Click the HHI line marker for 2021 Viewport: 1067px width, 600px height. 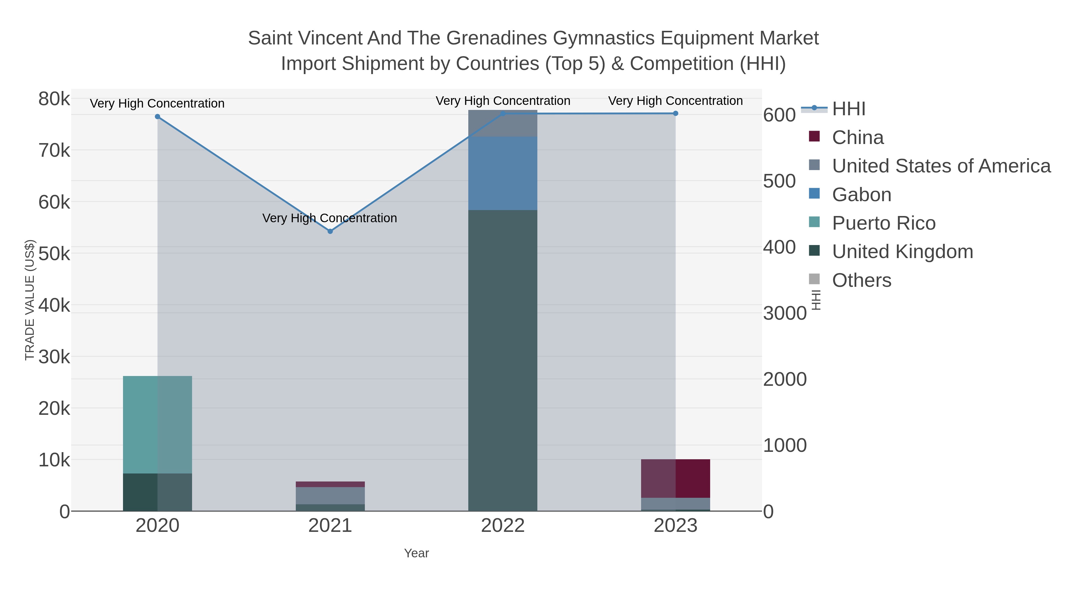click(x=330, y=231)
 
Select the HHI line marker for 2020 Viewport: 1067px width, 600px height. click(x=157, y=117)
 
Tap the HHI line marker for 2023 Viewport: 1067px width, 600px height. click(x=675, y=113)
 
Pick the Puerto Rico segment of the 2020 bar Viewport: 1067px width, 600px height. click(x=157, y=424)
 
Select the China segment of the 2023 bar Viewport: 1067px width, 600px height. click(x=675, y=478)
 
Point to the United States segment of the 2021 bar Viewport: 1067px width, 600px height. click(x=330, y=496)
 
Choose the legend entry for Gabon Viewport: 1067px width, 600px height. click(x=862, y=195)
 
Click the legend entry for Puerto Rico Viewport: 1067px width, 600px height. click(x=884, y=223)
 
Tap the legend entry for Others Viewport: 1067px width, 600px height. click(x=862, y=280)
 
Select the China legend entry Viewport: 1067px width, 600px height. click(x=857, y=137)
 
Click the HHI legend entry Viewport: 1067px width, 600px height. click(x=848, y=109)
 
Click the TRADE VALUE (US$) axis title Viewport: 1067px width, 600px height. click(x=30, y=300)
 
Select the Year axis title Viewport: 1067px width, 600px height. click(x=416, y=553)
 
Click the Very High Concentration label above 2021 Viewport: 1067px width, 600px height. click(x=330, y=218)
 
